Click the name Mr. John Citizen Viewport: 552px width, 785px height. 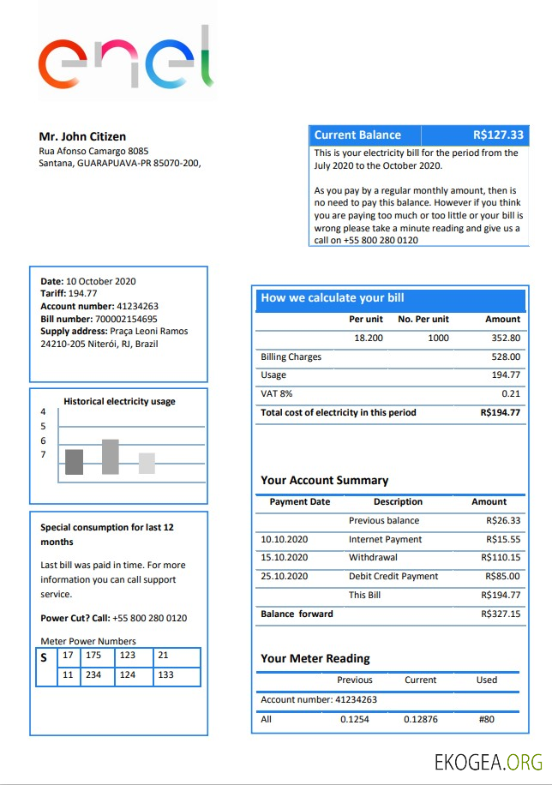point(82,136)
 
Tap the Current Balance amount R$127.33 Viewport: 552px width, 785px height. point(498,135)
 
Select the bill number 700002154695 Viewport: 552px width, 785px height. point(126,319)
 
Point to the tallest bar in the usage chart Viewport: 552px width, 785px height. point(110,457)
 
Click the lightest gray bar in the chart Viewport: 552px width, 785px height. point(147,464)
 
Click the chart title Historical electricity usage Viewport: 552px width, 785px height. point(119,401)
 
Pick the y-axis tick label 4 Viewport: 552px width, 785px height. point(43,411)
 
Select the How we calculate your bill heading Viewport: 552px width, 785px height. point(333,298)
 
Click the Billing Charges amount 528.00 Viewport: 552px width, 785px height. point(506,357)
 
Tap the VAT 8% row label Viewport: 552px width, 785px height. point(276,393)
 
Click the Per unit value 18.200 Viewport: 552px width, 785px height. point(369,338)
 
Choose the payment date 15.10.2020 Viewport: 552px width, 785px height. point(284,558)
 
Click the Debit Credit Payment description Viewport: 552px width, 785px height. point(393,576)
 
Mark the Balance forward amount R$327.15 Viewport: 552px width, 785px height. point(501,614)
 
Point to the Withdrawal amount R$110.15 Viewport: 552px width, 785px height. point(501,558)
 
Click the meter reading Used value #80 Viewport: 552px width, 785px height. point(487,719)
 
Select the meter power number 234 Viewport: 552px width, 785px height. point(93,675)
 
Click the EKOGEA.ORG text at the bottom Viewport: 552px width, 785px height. point(489,761)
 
